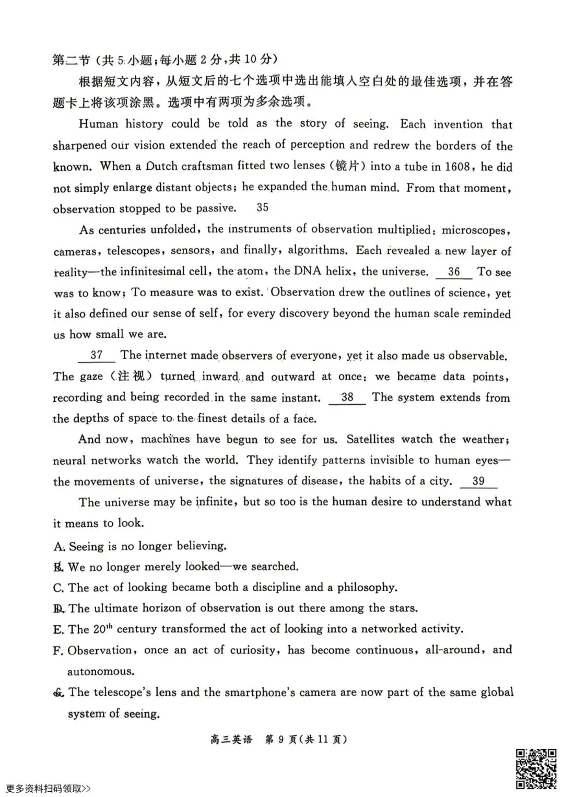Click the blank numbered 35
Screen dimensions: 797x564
click(x=262, y=208)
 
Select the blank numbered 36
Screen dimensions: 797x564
click(x=453, y=272)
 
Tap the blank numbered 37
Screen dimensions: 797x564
click(x=97, y=356)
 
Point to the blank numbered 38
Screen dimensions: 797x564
click(x=347, y=398)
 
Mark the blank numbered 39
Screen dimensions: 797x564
click(x=478, y=482)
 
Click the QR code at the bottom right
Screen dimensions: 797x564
click(x=536, y=768)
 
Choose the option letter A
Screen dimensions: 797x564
click(x=58, y=547)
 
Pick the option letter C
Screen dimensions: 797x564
click(x=58, y=588)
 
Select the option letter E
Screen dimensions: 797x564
click(x=58, y=630)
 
